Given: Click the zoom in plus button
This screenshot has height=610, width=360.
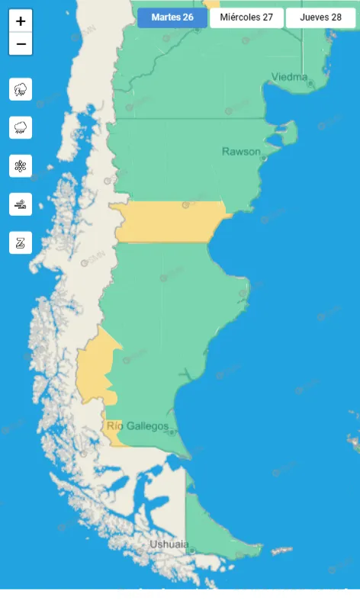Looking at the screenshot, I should tap(21, 21).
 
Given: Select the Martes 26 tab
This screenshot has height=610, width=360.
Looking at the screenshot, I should tap(172, 18).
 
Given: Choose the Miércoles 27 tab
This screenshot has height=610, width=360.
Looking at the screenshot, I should tap(246, 18).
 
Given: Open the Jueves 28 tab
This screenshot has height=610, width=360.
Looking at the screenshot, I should tap(320, 18).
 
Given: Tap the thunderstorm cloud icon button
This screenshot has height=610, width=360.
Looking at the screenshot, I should tap(21, 89).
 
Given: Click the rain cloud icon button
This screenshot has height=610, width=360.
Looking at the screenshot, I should tap(21, 127).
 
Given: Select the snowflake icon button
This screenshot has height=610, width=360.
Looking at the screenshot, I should tap(21, 165).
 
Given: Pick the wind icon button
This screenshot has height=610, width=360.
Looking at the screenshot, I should tap(21, 204).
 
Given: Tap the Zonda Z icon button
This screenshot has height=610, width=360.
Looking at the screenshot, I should tap(21, 242).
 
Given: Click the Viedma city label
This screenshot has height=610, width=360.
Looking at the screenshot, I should tap(290, 77).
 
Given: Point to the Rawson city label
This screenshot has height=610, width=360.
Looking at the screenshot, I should tap(240, 152).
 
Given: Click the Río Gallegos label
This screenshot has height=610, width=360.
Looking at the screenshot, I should tap(138, 425).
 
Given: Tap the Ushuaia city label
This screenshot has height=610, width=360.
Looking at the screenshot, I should tap(169, 544).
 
